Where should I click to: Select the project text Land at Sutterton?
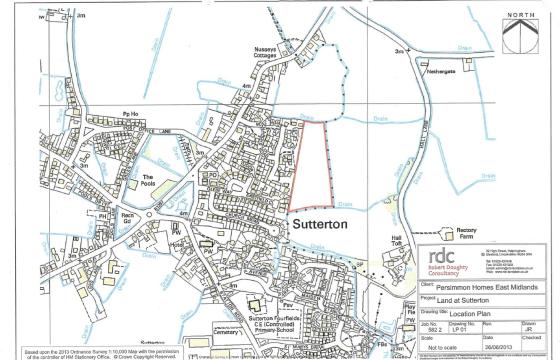point(457,301)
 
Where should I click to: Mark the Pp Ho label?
point(127,116)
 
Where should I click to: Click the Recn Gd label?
point(127,216)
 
